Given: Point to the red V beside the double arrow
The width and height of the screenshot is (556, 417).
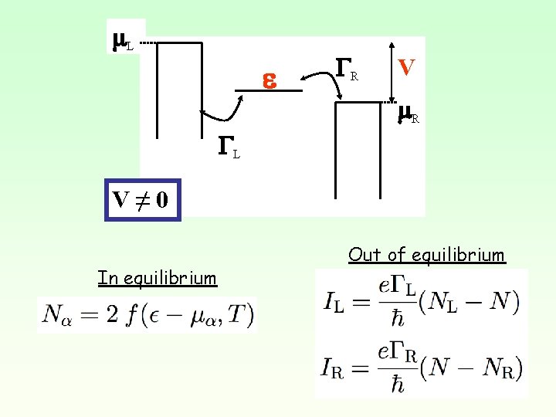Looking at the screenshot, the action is coord(406,67).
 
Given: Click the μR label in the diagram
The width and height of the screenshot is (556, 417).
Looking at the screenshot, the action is coord(408,114).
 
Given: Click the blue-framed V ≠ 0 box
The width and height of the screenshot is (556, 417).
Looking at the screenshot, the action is coord(142,200).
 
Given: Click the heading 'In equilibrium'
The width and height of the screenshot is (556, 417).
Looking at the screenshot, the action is coord(158,278).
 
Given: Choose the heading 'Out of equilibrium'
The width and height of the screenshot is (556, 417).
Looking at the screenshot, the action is coord(426,255).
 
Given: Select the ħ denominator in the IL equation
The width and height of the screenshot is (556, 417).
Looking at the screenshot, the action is coord(397,317).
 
